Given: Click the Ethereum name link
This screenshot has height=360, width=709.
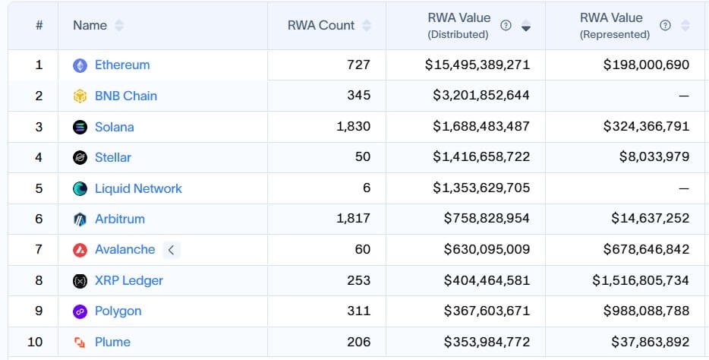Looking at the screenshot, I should pyautogui.click(x=122, y=65).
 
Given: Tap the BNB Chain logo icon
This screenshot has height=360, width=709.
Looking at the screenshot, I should pyautogui.click(x=80, y=96).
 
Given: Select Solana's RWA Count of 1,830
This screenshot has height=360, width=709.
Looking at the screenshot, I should pyautogui.click(x=353, y=127).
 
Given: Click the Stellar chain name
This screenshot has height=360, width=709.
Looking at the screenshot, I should pyautogui.click(x=113, y=158).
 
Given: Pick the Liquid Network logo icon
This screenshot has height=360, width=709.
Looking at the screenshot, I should pyautogui.click(x=80, y=188).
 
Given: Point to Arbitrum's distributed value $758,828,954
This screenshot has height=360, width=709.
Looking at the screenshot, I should pyautogui.click(x=487, y=219).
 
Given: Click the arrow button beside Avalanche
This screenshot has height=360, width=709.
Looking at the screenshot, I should pyautogui.click(x=172, y=250).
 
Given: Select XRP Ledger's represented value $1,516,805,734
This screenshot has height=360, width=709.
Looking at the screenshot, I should pyautogui.click(x=641, y=280).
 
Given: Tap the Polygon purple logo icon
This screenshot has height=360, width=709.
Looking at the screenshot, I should pyautogui.click(x=80, y=311).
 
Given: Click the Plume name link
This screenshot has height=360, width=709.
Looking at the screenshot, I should pyautogui.click(x=112, y=342).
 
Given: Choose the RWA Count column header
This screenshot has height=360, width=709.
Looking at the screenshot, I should pyautogui.click(x=321, y=25).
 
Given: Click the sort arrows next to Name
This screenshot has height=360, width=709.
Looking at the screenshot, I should pyautogui.click(x=119, y=25).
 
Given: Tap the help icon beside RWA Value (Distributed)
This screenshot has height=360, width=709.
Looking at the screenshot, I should pyautogui.click(x=506, y=25).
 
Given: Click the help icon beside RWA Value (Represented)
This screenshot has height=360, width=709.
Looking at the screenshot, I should pyautogui.click(x=665, y=25).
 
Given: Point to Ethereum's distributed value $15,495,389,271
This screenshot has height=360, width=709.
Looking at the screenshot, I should pyautogui.click(x=477, y=65).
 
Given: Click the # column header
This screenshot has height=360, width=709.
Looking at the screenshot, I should pyautogui.click(x=39, y=25).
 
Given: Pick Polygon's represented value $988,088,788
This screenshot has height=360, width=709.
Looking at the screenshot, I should pyautogui.click(x=646, y=311).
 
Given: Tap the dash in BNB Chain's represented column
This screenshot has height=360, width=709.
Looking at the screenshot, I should pyautogui.click(x=683, y=96).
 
